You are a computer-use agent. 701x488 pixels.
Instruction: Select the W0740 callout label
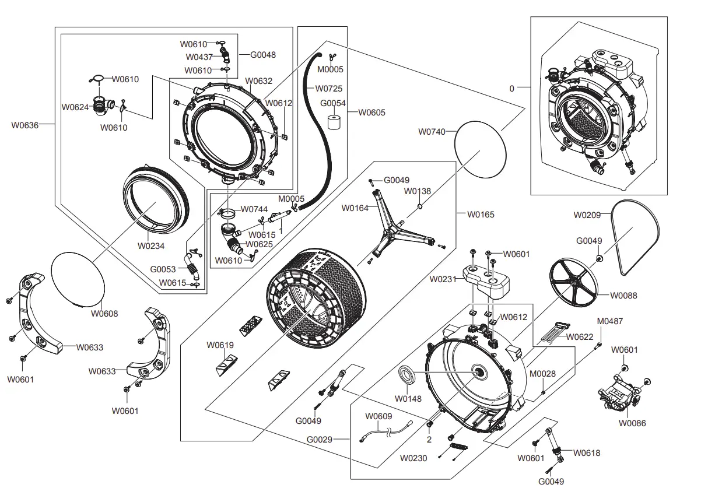pyautogui.click(x=432, y=132)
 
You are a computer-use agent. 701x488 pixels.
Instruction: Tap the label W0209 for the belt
pyautogui.click(x=587, y=215)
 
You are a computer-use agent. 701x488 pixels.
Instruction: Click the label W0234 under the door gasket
pyautogui.click(x=151, y=246)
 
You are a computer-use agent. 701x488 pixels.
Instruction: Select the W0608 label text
pyautogui.click(x=104, y=314)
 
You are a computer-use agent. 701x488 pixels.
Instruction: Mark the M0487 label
pyautogui.click(x=609, y=321)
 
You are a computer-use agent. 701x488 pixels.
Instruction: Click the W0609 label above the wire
pyautogui.click(x=378, y=416)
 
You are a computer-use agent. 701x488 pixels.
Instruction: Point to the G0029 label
pyautogui.click(x=320, y=439)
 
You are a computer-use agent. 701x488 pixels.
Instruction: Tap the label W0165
pyautogui.click(x=481, y=215)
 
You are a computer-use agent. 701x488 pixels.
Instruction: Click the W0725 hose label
pyautogui.click(x=329, y=89)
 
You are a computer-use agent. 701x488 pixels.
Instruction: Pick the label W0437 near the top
pyautogui.click(x=199, y=57)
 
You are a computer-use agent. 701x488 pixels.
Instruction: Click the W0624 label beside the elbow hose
pyautogui.click(x=75, y=107)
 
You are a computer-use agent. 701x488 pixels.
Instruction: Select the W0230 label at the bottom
pyautogui.click(x=413, y=458)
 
